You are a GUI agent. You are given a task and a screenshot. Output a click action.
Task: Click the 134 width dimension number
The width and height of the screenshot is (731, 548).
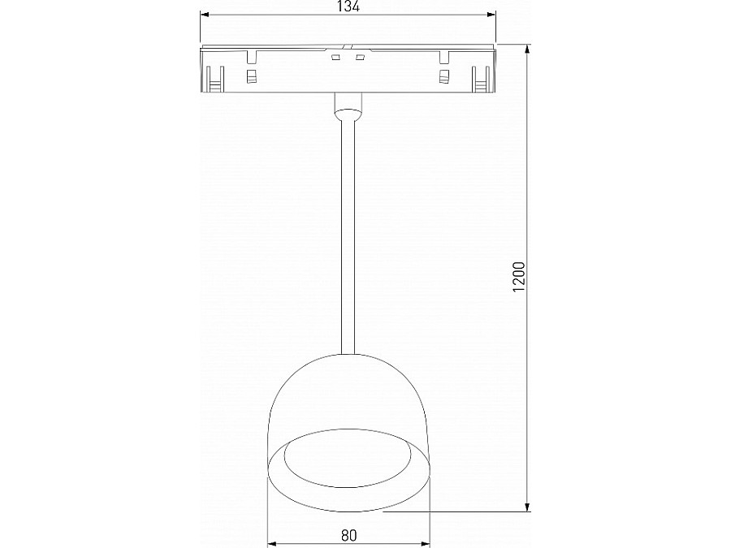point(348,6)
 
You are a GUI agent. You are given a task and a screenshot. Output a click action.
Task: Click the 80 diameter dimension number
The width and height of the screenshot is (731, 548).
point(348,535)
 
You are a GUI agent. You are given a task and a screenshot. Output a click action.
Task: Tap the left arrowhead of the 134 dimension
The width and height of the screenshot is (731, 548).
point(205,15)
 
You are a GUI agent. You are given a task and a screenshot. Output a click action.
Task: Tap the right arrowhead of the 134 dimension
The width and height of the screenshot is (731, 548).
point(491,15)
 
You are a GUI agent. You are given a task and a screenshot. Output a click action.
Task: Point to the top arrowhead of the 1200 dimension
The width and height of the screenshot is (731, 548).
point(529,48)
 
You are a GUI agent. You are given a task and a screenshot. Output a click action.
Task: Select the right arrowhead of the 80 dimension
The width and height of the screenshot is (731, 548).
point(426,543)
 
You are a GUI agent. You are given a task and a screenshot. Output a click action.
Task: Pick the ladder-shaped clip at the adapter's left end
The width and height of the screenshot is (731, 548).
point(214,80)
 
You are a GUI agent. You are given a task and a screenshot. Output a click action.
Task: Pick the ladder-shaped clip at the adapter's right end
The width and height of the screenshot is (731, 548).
point(482,80)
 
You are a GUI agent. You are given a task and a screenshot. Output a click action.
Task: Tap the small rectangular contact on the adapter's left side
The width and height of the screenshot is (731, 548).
point(251,77)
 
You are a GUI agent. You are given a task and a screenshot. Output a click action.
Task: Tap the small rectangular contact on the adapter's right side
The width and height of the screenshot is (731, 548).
point(443,77)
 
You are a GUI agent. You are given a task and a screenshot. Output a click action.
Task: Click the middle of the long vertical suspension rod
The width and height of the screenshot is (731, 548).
point(348,235)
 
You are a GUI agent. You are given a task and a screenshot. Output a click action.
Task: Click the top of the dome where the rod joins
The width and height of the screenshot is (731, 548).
point(348,355)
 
